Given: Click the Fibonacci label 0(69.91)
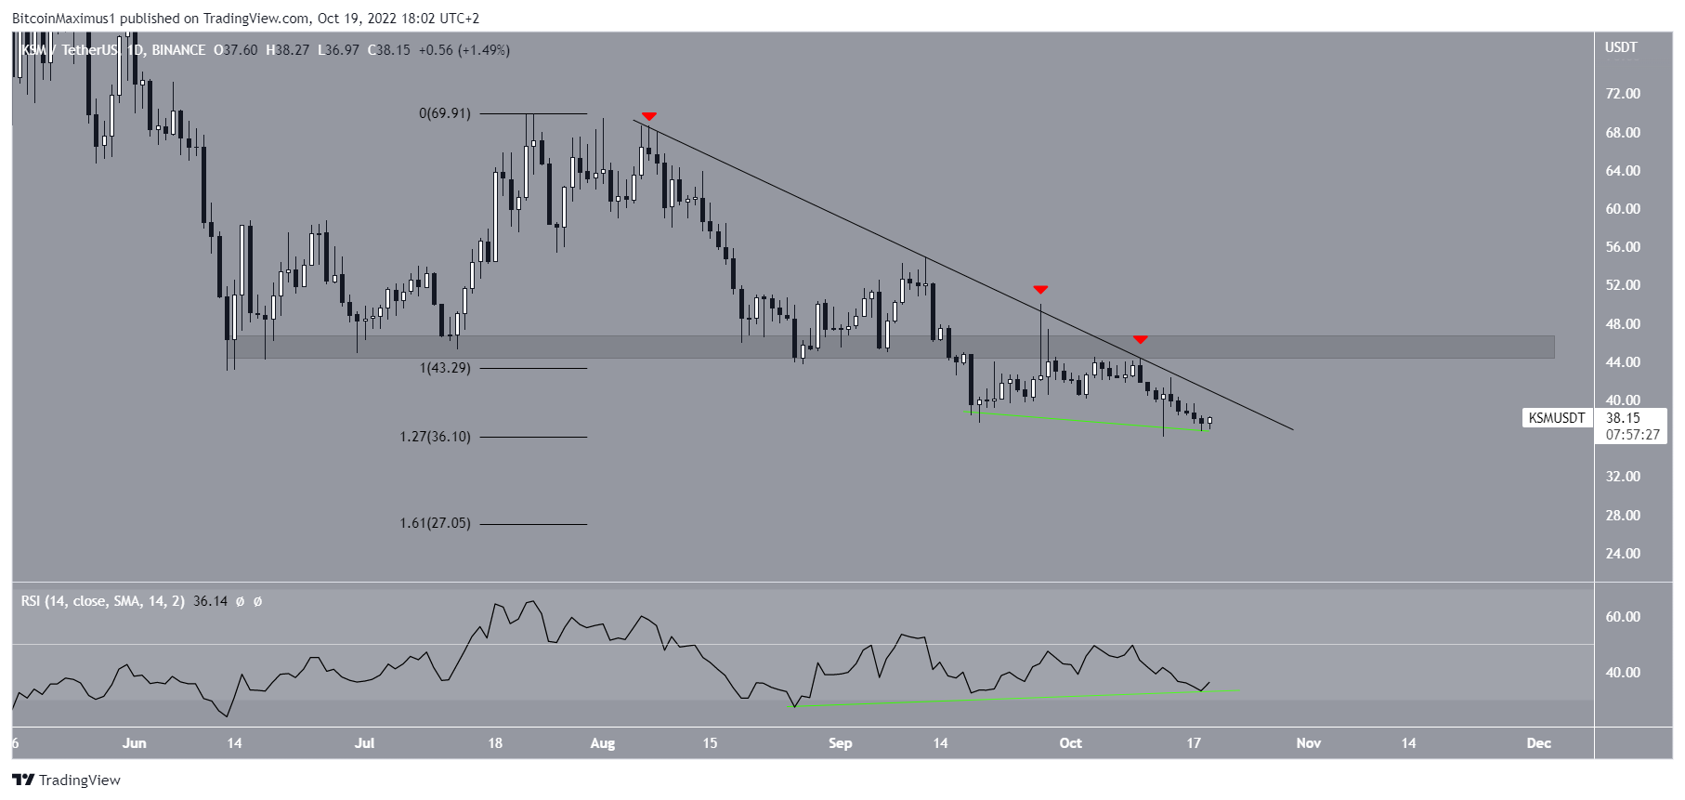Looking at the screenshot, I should pyautogui.click(x=444, y=113).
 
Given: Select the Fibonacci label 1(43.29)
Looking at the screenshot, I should pyautogui.click(x=445, y=368).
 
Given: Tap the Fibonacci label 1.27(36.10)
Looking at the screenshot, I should pyautogui.click(x=435, y=437).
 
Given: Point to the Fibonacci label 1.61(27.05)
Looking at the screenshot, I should pyautogui.click(x=435, y=523).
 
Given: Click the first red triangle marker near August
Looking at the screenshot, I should pyautogui.click(x=649, y=116).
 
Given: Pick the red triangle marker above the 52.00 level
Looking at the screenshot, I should pyautogui.click(x=1040, y=290).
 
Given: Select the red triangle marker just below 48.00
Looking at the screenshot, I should pyautogui.click(x=1140, y=340).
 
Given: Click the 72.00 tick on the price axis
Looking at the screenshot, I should pyautogui.click(x=1623, y=94).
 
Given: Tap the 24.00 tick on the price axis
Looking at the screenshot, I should pyautogui.click(x=1623, y=554).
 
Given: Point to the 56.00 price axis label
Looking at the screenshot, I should pyautogui.click(x=1623, y=247).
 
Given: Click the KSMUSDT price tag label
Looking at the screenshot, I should pyautogui.click(x=1557, y=418).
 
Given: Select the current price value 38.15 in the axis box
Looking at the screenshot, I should pyautogui.click(x=1623, y=418).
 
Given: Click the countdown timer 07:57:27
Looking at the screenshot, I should pyautogui.click(x=1632, y=435).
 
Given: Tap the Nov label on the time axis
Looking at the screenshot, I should pyautogui.click(x=1308, y=743).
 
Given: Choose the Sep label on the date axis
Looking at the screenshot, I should pyautogui.click(x=840, y=743).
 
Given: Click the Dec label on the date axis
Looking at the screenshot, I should pyautogui.click(x=1538, y=743).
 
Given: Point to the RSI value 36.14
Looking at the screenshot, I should pyautogui.click(x=210, y=601).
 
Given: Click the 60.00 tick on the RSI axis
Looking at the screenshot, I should pyautogui.click(x=1623, y=617).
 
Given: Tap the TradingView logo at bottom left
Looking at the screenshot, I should pyautogui.click(x=66, y=780).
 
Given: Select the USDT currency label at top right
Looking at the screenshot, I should pyautogui.click(x=1621, y=47).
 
